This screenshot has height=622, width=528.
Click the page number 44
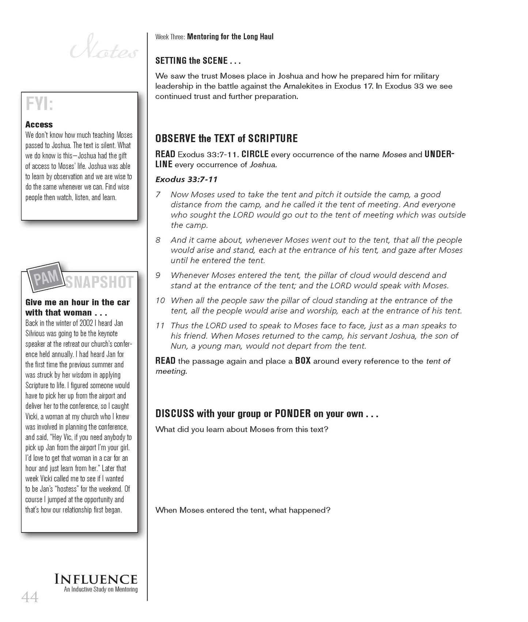(30, 598)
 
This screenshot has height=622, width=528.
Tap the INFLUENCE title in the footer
(96, 579)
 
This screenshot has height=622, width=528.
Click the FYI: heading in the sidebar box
(39, 105)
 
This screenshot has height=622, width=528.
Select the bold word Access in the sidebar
(39, 125)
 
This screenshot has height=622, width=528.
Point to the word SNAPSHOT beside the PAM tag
(99, 283)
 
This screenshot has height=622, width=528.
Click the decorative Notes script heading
(104, 50)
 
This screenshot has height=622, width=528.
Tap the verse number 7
(158, 195)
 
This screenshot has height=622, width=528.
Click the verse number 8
(158, 240)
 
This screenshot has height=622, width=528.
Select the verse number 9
(158, 275)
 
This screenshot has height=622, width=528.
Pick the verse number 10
(160, 300)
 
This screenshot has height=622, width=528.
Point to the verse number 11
(160, 326)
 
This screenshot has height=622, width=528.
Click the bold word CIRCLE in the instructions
(255, 154)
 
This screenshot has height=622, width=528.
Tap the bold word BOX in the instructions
(303, 361)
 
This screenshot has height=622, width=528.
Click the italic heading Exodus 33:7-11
(186, 179)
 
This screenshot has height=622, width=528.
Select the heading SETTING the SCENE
(197, 61)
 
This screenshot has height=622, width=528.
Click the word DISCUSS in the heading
(175, 414)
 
